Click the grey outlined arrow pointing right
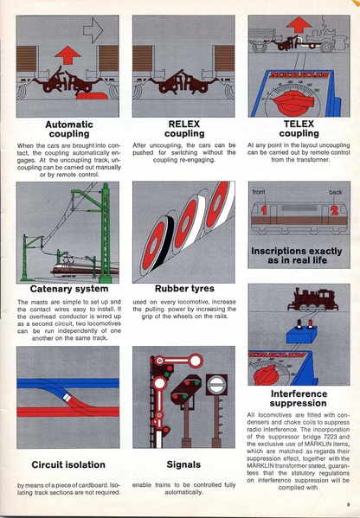(x=92, y=33)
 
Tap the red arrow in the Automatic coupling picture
(x=67, y=56)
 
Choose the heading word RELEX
(x=183, y=124)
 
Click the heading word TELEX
(x=299, y=124)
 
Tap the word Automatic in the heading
(x=68, y=124)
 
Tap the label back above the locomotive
(x=335, y=191)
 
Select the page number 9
(x=346, y=504)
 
